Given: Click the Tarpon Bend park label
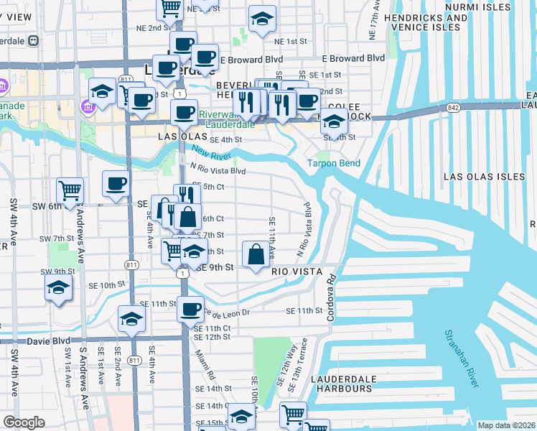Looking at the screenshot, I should pos(334,163).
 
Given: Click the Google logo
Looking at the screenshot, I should pos(24,422).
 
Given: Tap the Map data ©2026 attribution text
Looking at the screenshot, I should pos(506,425).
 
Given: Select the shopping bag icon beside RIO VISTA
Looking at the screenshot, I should pos(257,254).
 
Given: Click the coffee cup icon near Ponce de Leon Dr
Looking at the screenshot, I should pos(190,310).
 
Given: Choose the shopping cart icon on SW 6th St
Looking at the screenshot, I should pos(70,191).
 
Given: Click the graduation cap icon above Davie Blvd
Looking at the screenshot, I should pos(131,320).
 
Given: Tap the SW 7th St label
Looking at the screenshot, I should pos(57,238).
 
